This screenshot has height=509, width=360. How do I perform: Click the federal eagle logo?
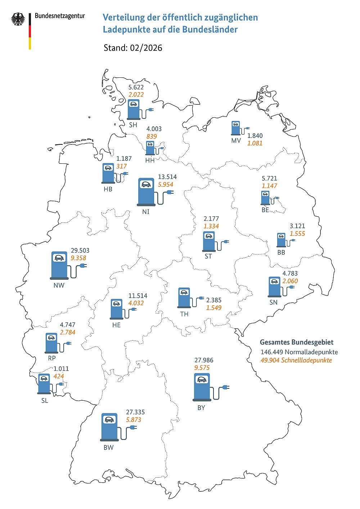[18, 19]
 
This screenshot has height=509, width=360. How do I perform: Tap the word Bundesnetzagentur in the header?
[60, 16]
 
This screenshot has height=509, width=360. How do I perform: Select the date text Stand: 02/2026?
[133, 48]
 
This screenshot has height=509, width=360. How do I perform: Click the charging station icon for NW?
[60, 266]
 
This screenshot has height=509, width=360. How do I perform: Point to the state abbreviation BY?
[201, 408]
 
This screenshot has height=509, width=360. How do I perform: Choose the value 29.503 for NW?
[80, 251]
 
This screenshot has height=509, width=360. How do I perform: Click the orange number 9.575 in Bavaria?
[202, 368]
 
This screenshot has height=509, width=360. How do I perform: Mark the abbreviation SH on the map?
[133, 125]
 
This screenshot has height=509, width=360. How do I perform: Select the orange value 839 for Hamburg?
[152, 136]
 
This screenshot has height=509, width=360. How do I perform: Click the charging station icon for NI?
[147, 192]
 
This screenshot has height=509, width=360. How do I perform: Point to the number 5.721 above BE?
[269, 178]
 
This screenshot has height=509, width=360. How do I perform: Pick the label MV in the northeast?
[236, 140]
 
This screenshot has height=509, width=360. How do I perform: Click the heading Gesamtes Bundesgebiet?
[297, 342]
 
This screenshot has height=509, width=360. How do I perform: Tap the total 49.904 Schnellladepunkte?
[296, 360]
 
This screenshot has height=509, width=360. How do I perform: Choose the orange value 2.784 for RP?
[68, 332]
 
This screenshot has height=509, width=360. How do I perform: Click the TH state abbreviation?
[184, 314]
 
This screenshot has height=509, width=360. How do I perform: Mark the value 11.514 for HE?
[138, 296]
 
